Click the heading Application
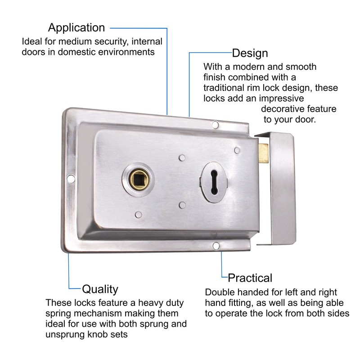pos(76,28)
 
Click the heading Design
pos(250,53)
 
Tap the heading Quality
pos(100,288)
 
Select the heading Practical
pos(250,277)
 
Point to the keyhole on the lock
pos(211,177)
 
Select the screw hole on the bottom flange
pos(216,246)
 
